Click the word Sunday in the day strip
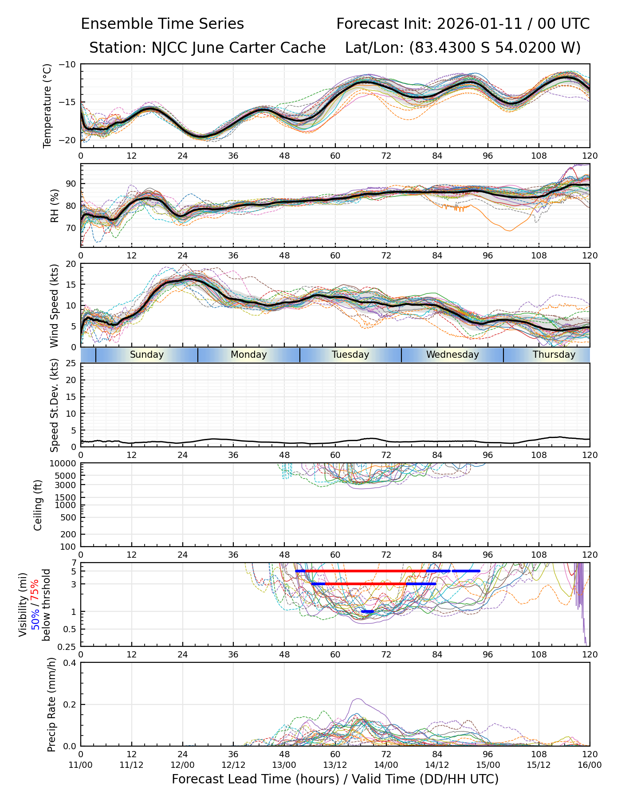coord(147,355)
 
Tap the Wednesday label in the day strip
coord(452,355)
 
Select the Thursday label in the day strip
coord(554,355)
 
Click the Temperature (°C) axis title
coord(47,106)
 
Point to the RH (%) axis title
coord(55,206)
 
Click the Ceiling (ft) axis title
coord(38,505)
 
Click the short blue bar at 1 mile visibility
coord(367,612)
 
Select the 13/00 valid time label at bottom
coord(284,765)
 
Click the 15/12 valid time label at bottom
coord(539,765)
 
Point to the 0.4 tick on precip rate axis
coord(70,663)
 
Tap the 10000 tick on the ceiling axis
coord(64,463)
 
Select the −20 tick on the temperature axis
coord(68,140)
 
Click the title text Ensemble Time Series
coord(162,24)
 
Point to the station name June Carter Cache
coord(259,48)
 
